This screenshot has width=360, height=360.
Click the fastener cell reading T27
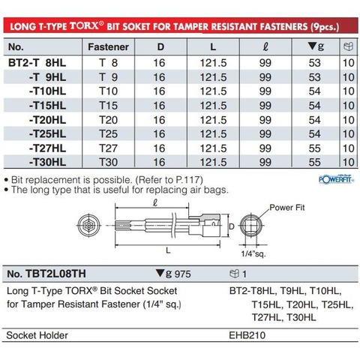point(109,148)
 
